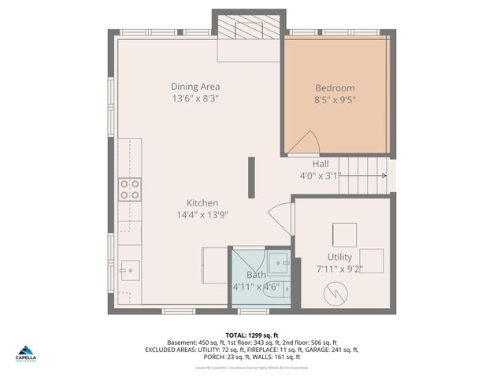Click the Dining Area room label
(195, 87)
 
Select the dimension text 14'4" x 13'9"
(202, 215)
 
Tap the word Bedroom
(335, 88)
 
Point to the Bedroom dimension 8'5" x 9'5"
(335, 100)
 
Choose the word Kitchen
(202, 203)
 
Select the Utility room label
(339, 258)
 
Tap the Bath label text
(256, 275)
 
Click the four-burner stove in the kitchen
(130, 189)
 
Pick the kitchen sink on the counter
(129, 269)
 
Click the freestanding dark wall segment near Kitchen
(251, 177)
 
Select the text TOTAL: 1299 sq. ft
(252, 335)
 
